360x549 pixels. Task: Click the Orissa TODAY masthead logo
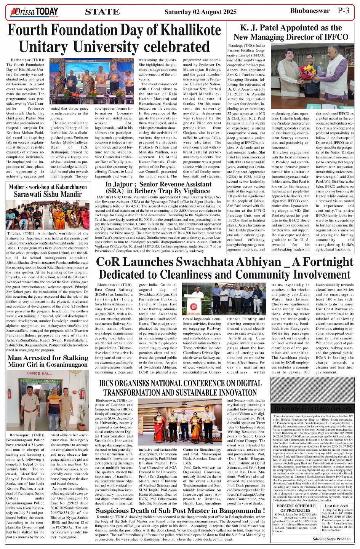click(x=34, y=12)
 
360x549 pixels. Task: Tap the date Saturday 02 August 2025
click(x=200, y=12)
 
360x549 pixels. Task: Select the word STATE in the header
click(x=102, y=12)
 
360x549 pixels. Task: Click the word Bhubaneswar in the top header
click(x=310, y=11)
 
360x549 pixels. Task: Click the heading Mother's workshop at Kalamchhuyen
click(x=48, y=187)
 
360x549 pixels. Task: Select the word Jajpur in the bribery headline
click(x=125, y=184)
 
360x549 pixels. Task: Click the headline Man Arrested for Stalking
click(x=48, y=358)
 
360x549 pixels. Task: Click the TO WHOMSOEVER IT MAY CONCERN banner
click(x=313, y=408)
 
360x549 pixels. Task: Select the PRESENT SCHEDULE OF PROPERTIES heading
click(x=295, y=508)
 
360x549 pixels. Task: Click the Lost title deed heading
click(x=336, y=506)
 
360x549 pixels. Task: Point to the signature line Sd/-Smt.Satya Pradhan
click(x=331, y=539)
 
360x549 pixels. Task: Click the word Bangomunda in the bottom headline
click(x=238, y=511)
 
